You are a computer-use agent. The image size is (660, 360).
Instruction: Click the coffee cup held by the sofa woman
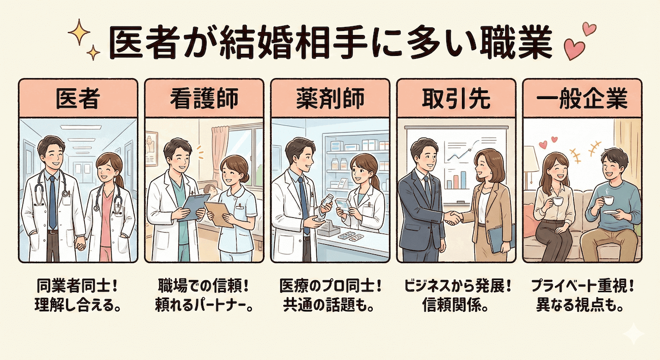pyautogui.click(x=558, y=201)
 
